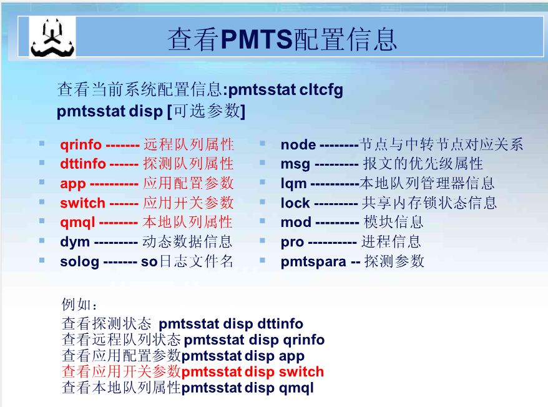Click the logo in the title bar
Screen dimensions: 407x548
pyautogui.click(x=53, y=38)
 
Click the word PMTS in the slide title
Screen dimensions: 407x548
pyautogui.click(x=256, y=39)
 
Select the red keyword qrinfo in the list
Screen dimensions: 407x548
pyautogui.click(x=81, y=145)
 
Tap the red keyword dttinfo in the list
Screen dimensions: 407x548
pyautogui.click(x=82, y=164)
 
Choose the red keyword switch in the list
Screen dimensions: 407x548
pyautogui.click(x=82, y=203)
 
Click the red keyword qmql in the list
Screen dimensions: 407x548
pyautogui.click(x=77, y=223)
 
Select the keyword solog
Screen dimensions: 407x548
pyautogui.click(x=79, y=261)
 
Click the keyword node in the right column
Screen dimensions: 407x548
pyautogui.click(x=298, y=145)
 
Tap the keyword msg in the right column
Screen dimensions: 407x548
pyautogui.click(x=295, y=164)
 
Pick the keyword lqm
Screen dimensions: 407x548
pyautogui.click(x=293, y=184)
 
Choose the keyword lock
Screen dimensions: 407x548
pyautogui.click(x=295, y=203)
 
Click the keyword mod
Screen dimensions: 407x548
pyautogui.click(x=295, y=223)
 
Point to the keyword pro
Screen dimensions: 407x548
pyautogui.click(x=292, y=242)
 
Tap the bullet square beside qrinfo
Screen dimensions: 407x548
pyautogui.click(x=42, y=143)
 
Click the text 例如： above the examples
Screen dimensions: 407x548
pyautogui.click(x=80, y=305)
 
